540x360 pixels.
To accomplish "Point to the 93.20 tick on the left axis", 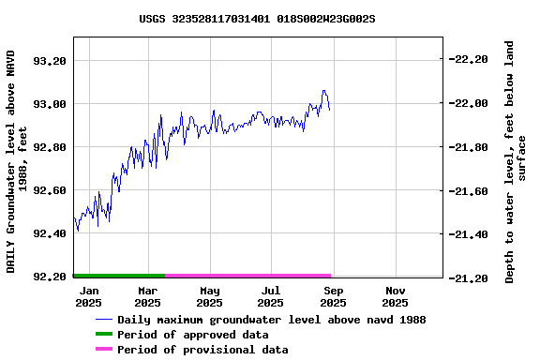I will coord(49,60).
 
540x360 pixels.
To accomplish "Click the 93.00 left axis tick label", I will coord(49,104).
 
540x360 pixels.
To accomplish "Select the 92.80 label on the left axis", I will coord(49,147).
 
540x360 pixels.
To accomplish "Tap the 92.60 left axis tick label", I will coord(49,190).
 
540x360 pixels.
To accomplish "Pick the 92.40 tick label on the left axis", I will coord(49,234).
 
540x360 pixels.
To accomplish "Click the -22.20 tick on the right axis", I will coord(469,59).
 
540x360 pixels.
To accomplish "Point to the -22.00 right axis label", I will coord(469,103).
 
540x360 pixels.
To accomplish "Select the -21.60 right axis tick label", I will coord(469,191).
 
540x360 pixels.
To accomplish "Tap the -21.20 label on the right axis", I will coord(469,278).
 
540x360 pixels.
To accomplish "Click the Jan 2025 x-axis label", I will coord(88,296).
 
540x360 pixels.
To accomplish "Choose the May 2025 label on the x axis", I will coord(209,296).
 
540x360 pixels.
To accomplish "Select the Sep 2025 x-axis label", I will coord(333,296).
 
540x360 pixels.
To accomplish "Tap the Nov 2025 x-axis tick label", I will coord(395,296).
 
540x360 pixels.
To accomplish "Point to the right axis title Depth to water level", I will coord(516,161).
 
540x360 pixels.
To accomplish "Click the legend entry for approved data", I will coord(192,335).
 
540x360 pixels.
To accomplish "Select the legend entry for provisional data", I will coord(202,350).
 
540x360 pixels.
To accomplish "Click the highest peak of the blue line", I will coord(323,91).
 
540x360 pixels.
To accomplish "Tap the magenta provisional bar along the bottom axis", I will coord(247,276).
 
